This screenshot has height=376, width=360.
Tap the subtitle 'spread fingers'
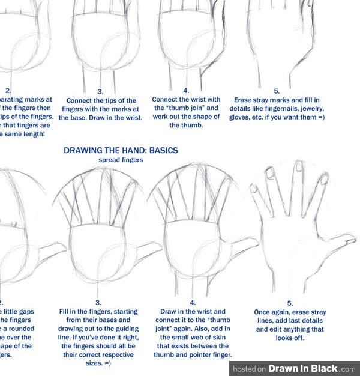pos(121,160)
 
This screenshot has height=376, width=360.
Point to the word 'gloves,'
pos(241,117)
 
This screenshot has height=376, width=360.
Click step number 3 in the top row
pos(100,91)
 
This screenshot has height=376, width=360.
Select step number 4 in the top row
pos(186,90)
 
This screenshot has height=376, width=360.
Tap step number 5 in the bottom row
pos(290,303)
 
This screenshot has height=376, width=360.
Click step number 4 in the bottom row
pos(193,303)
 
